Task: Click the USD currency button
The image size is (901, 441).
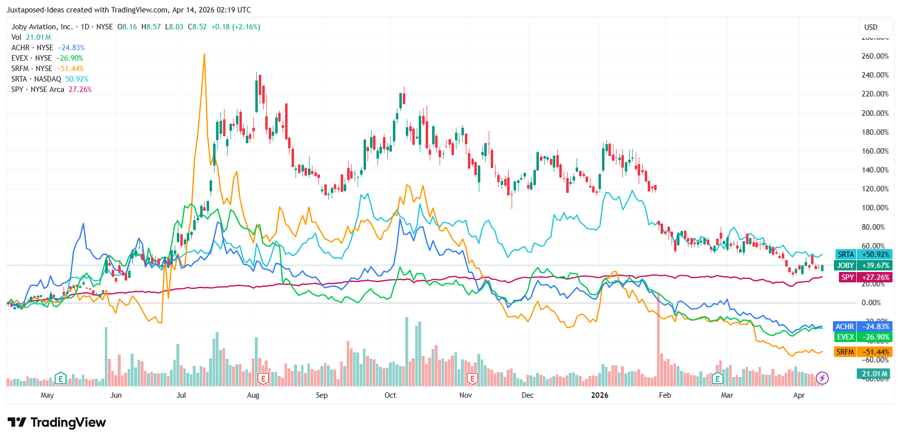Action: pos(870,27)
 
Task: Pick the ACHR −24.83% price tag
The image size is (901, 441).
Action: pos(863,327)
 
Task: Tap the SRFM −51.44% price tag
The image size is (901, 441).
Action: pos(863,352)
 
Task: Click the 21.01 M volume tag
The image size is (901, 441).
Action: pos(874,374)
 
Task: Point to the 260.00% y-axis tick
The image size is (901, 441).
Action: pos(875,56)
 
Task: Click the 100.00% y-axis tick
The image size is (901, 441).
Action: pos(875,208)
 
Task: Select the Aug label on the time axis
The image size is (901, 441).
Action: pos(253,395)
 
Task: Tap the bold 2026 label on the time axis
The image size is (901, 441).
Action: pos(600,395)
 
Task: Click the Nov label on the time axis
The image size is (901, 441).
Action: pos(465,395)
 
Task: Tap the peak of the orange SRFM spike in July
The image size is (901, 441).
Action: pos(204,54)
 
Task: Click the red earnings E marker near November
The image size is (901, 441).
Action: pos(472,379)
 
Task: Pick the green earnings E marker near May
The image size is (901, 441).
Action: pos(60,379)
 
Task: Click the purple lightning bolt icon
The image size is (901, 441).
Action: pos(822,378)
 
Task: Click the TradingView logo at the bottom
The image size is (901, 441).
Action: pos(57,423)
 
